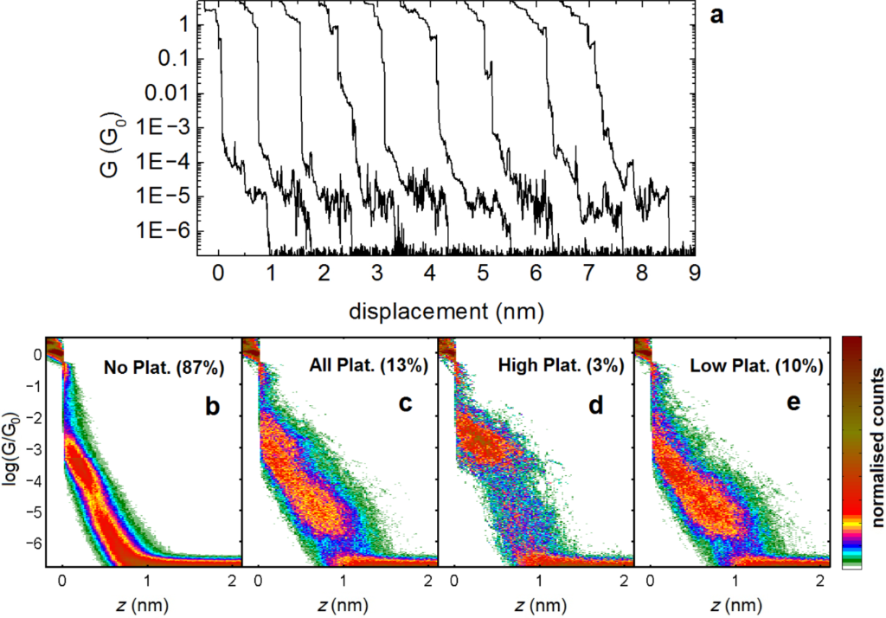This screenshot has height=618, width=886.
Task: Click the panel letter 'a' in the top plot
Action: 716,16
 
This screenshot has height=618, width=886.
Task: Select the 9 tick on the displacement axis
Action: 694,274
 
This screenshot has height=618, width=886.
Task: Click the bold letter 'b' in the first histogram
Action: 209,403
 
